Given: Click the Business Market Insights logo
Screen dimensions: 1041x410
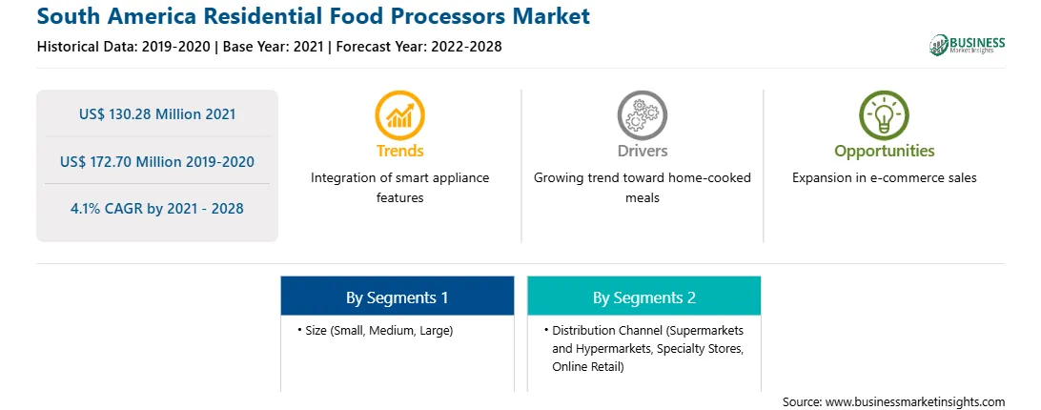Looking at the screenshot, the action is click(x=967, y=45).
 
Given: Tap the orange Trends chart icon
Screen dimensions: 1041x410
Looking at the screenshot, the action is click(x=399, y=115).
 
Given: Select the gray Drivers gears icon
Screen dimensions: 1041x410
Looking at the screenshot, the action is click(x=642, y=115).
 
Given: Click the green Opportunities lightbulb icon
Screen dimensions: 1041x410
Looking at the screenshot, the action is click(x=885, y=115).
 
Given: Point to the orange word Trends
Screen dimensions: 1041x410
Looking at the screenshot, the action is click(x=399, y=151).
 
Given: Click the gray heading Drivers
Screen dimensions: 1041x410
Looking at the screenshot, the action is click(x=642, y=151).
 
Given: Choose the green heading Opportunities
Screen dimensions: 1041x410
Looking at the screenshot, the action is click(x=885, y=152).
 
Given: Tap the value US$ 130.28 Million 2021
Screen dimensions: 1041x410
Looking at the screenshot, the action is click(x=157, y=113).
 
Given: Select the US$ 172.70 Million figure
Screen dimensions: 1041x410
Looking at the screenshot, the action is click(x=124, y=161).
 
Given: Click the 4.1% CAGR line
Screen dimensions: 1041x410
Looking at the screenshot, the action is click(x=157, y=208).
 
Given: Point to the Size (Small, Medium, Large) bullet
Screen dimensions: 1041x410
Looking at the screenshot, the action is click(x=376, y=330).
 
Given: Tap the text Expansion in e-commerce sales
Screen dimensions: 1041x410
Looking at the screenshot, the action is click(x=885, y=178).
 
